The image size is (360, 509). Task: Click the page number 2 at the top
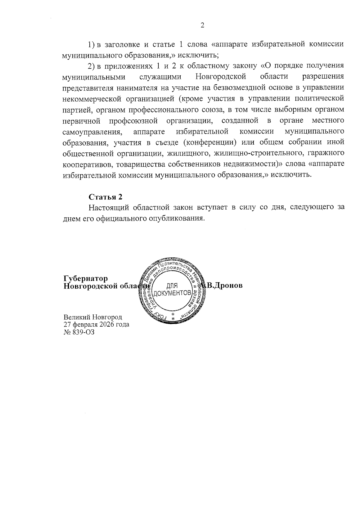[x=202, y=25]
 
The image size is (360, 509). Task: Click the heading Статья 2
[x=106, y=197]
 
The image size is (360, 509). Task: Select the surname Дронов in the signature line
[x=227, y=285]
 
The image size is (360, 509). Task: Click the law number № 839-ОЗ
[x=79, y=332]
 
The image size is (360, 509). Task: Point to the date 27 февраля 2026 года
[x=96, y=325]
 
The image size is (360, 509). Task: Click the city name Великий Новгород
[x=93, y=317]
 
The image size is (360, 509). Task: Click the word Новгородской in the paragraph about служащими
[x=221, y=77]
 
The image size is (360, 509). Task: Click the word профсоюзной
[x=133, y=121]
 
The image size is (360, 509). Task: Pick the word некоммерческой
[x=91, y=99]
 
